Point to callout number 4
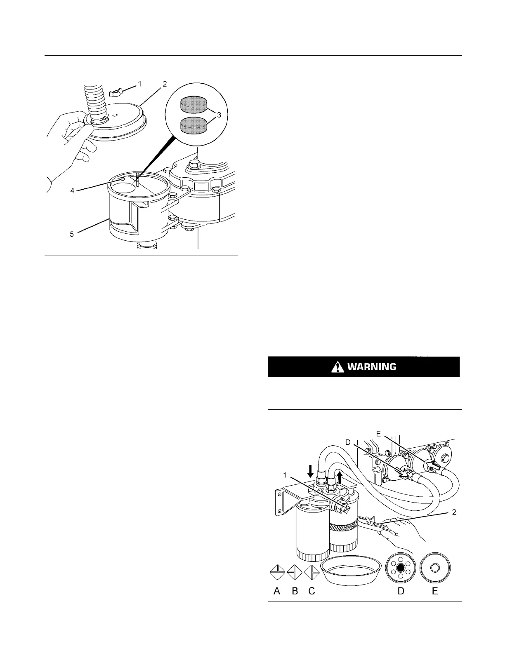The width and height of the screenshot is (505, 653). pos(72,191)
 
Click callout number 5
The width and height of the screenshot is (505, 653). pos(72,235)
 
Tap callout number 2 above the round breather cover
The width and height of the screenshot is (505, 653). pos(164,84)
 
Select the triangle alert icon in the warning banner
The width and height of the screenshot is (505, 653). pos(337,366)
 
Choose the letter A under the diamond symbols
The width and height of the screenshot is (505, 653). pos(277,591)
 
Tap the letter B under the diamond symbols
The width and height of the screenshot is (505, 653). pos(295,591)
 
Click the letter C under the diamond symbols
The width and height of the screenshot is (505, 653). pos(312,591)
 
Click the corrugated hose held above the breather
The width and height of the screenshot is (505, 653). pos(94,101)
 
